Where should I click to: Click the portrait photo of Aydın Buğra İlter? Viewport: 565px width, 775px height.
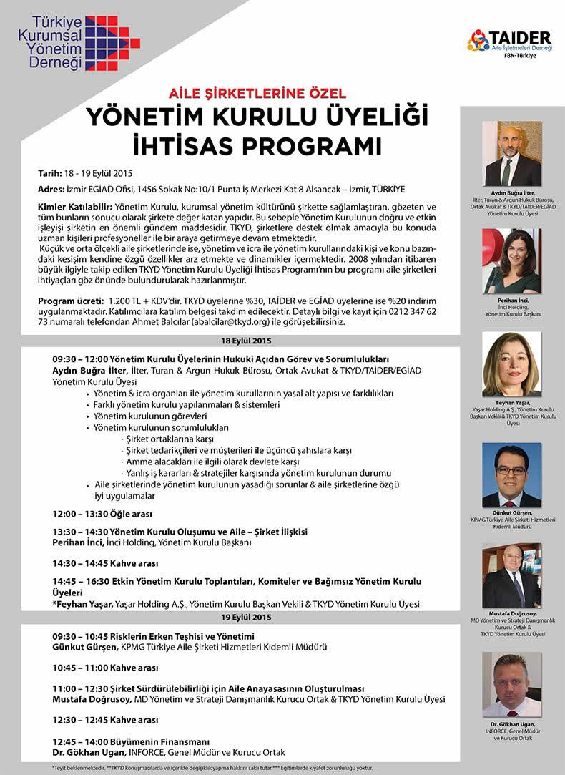(x=511, y=153)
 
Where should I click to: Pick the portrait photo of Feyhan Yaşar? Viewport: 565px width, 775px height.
(x=511, y=364)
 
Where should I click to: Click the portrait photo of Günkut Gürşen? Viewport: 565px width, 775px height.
(x=511, y=474)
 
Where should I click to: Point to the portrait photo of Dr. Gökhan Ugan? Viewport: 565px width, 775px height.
(x=511, y=683)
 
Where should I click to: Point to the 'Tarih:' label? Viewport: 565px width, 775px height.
(x=51, y=173)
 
